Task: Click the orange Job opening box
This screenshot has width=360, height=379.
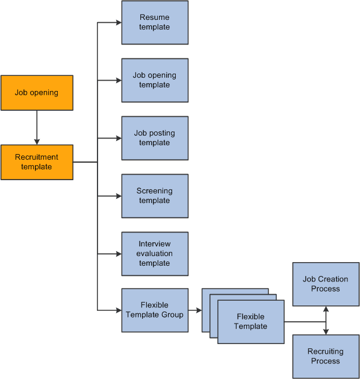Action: click(37, 93)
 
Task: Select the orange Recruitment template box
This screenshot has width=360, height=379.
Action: click(37, 162)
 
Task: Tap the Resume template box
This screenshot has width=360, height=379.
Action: click(155, 23)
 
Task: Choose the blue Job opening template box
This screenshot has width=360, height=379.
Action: click(155, 80)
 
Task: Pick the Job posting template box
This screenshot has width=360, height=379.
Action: click(155, 138)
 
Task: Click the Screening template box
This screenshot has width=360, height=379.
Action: click(155, 196)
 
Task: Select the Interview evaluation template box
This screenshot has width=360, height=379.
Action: click(155, 254)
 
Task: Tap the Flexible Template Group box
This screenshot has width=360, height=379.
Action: click(155, 310)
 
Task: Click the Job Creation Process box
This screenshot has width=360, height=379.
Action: click(326, 284)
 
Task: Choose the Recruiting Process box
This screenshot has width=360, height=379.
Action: click(326, 356)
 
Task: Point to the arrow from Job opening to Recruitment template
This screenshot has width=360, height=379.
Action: click(37, 127)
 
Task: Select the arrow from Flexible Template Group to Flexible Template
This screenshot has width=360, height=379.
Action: click(194, 311)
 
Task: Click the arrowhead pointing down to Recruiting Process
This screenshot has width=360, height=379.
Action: click(326, 331)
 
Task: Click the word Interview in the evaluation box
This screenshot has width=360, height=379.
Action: click(155, 244)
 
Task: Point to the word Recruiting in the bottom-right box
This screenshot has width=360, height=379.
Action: click(326, 351)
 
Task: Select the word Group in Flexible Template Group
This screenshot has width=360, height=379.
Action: click(172, 315)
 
